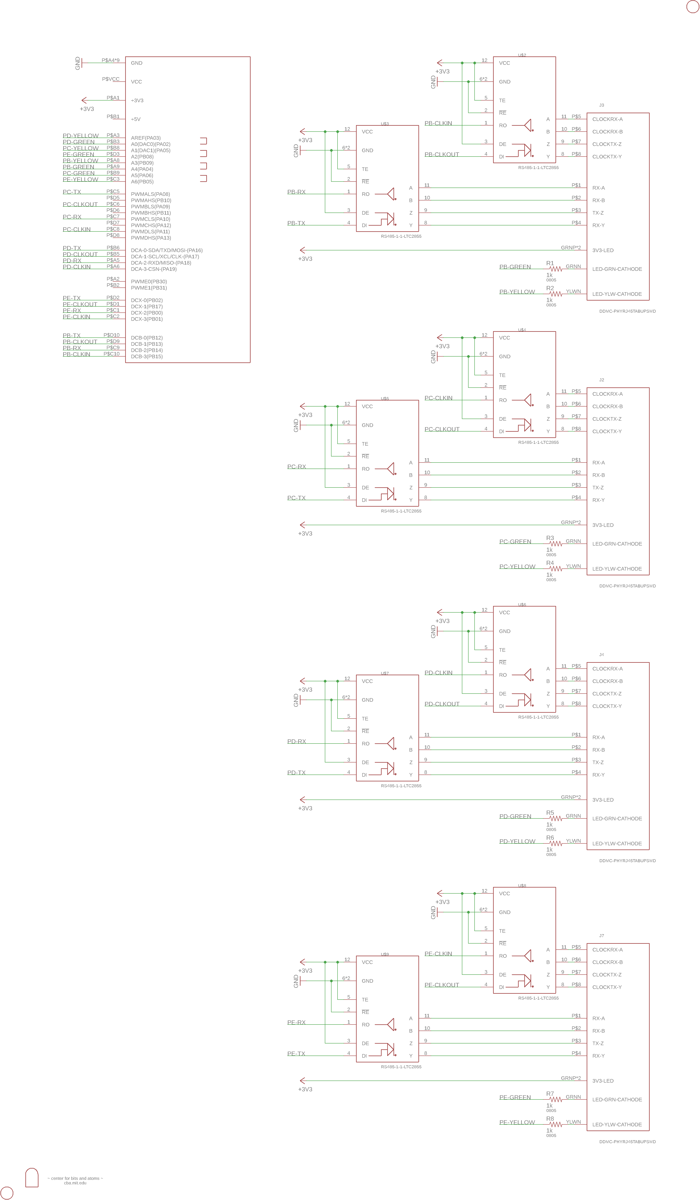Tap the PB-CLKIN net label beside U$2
click(438, 123)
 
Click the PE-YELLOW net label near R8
click(517, 1122)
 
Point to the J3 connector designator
click(601, 105)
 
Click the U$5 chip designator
click(385, 399)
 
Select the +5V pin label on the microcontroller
click(136, 119)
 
